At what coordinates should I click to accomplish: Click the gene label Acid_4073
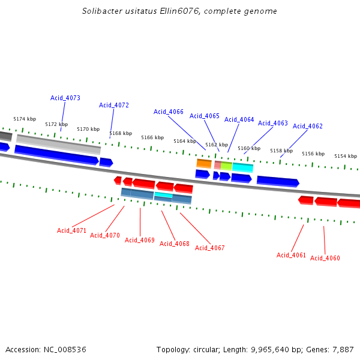[65, 98]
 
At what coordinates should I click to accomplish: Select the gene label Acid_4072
[114, 105]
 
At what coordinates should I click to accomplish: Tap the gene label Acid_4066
[169, 112]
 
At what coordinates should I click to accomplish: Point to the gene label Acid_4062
[308, 126]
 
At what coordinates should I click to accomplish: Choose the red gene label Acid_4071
[72, 230]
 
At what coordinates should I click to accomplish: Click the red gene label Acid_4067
[210, 248]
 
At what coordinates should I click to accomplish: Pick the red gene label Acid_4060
[325, 258]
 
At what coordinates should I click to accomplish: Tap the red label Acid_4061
[292, 255]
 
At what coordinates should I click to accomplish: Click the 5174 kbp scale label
[25, 119]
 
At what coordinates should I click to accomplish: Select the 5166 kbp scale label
[152, 137]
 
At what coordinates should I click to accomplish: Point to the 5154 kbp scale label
[345, 156]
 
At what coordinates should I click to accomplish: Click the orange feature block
[204, 163]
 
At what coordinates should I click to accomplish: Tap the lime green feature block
[226, 166]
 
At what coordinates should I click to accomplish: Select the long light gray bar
[58, 143]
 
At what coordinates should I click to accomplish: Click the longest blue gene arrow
[56, 154]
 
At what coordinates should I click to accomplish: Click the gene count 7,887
[342, 349]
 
